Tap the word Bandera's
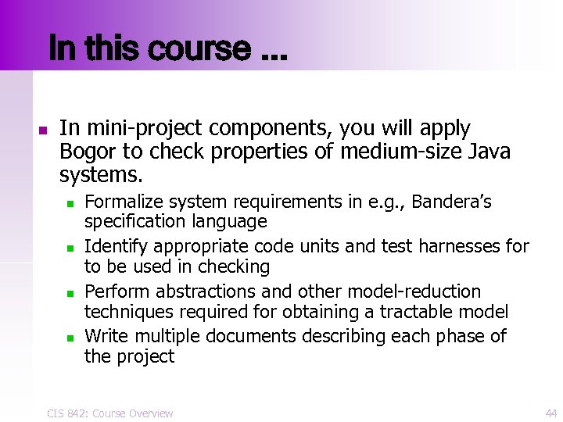pos(451,202)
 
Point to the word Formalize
pos(120,202)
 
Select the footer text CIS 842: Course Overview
pos(109,413)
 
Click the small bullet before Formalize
pos(70,204)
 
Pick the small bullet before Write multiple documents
pos(70,338)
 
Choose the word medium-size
pos(389,151)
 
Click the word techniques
pos(128,313)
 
